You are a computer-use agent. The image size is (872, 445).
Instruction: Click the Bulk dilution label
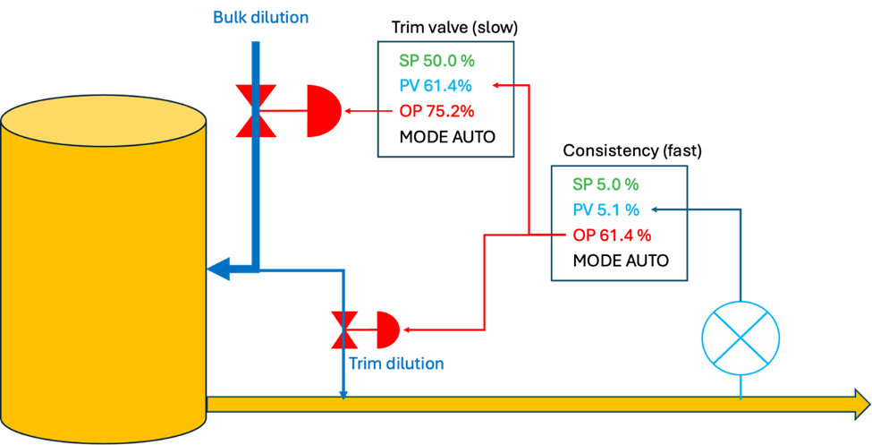tap(260, 17)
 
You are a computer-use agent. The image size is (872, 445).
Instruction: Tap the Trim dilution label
tap(395, 364)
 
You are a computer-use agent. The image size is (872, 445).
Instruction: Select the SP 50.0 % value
tap(436, 61)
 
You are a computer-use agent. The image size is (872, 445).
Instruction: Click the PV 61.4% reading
tap(436, 86)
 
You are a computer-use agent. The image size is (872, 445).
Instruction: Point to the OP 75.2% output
tap(436, 112)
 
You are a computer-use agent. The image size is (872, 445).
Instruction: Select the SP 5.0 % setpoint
tap(605, 184)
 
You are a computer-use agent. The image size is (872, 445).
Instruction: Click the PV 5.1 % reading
tap(605, 210)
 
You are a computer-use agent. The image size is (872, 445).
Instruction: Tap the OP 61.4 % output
tap(612, 235)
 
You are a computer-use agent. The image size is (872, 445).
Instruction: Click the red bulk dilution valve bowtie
tap(255, 112)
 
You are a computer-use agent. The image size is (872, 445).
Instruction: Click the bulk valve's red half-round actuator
tap(323, 112)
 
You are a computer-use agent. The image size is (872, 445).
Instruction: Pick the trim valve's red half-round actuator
tap(387, 329)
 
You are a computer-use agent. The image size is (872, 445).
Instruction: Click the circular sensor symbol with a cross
tap(741, 337)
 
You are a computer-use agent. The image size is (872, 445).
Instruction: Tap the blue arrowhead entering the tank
tap(218, 267)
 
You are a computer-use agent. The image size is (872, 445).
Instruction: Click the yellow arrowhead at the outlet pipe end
tap(861, 404)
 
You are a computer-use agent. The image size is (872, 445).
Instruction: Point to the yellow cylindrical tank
tap(104, 269)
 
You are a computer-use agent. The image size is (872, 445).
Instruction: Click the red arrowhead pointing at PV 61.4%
tap(496, 86)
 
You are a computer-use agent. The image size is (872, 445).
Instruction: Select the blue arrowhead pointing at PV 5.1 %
tap(656, 210)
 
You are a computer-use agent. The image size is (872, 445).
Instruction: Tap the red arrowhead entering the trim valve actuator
tap(407, 329)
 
